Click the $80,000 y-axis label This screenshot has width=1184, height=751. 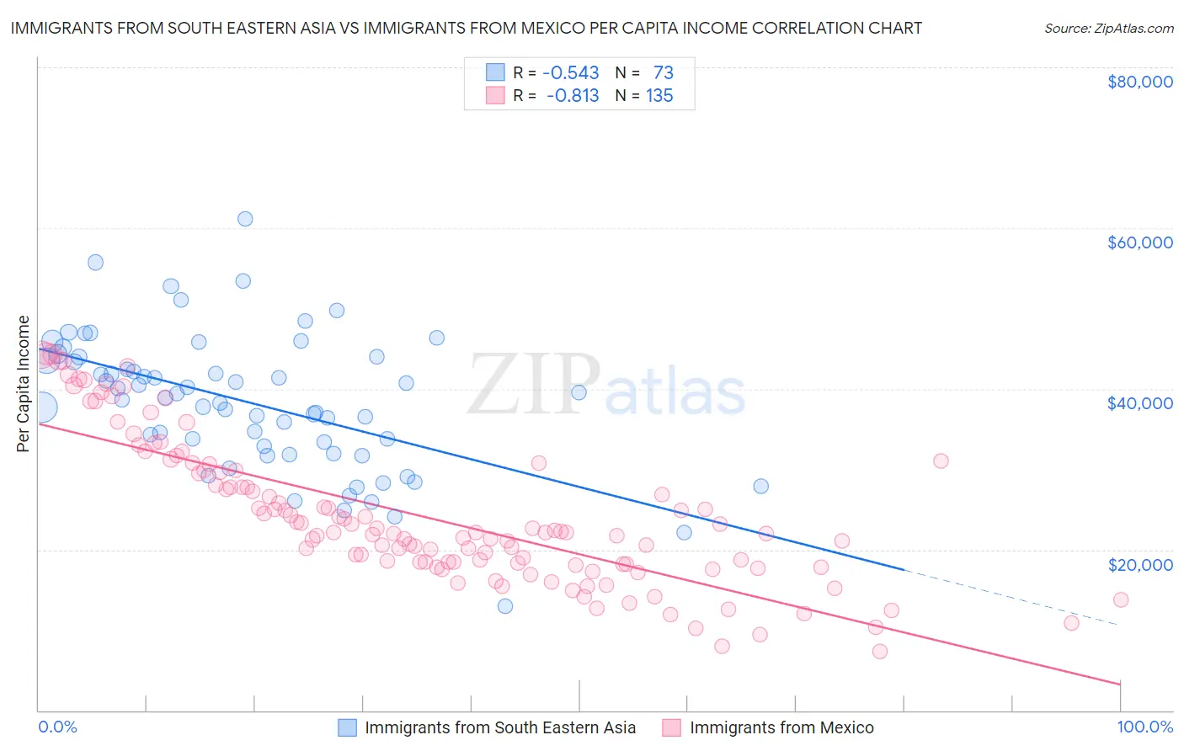pos(1139,82)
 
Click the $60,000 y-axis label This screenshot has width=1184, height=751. pos(1139,242)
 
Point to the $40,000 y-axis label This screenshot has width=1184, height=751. pos(1139,403)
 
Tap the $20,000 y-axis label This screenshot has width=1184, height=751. pos(1139,564)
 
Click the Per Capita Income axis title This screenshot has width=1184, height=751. pos(24,384)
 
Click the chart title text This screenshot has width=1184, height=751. pos(466,28)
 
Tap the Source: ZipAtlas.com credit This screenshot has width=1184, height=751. pos(1108,28)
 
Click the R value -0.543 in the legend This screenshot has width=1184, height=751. pos(570,73)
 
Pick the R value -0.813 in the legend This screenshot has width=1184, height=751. pos(572,96)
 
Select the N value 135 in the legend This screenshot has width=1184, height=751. pos(659,96)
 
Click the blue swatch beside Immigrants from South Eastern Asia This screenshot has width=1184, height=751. pos(348,727)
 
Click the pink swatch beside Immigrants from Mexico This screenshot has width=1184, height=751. pos(671,727)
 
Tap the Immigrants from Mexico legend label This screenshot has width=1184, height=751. pos(781,727)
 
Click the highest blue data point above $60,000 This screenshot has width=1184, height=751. pos(245,219)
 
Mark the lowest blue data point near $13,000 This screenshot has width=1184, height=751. pos(505,606)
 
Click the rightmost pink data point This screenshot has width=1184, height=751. pos(1121,599)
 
